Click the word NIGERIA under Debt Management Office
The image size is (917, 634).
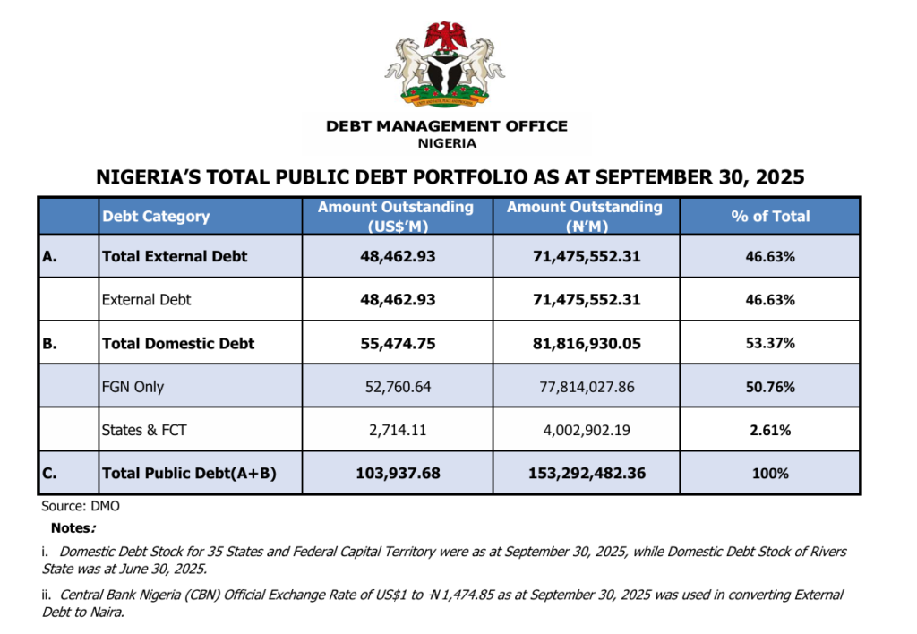point(447,143)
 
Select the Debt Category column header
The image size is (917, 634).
point(156,217)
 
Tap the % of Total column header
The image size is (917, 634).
point(770,217)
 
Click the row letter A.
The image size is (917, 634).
point(50,256)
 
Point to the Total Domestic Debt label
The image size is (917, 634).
point(178,343)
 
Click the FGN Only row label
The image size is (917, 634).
point(133,387)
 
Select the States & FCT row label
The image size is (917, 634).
point(144,430)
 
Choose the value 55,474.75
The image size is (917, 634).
point(397,343)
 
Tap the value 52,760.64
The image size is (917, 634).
point(397,387)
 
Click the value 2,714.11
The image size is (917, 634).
point(397,430)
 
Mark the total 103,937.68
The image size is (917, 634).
point(397,473)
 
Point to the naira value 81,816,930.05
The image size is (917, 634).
point(586,343)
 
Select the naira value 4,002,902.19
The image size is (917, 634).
point(586,430)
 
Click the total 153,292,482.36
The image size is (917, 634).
point(586,473)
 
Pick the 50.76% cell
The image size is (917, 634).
point(770,387)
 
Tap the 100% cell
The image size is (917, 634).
point(770,473)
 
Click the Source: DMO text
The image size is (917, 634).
point(81,506)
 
